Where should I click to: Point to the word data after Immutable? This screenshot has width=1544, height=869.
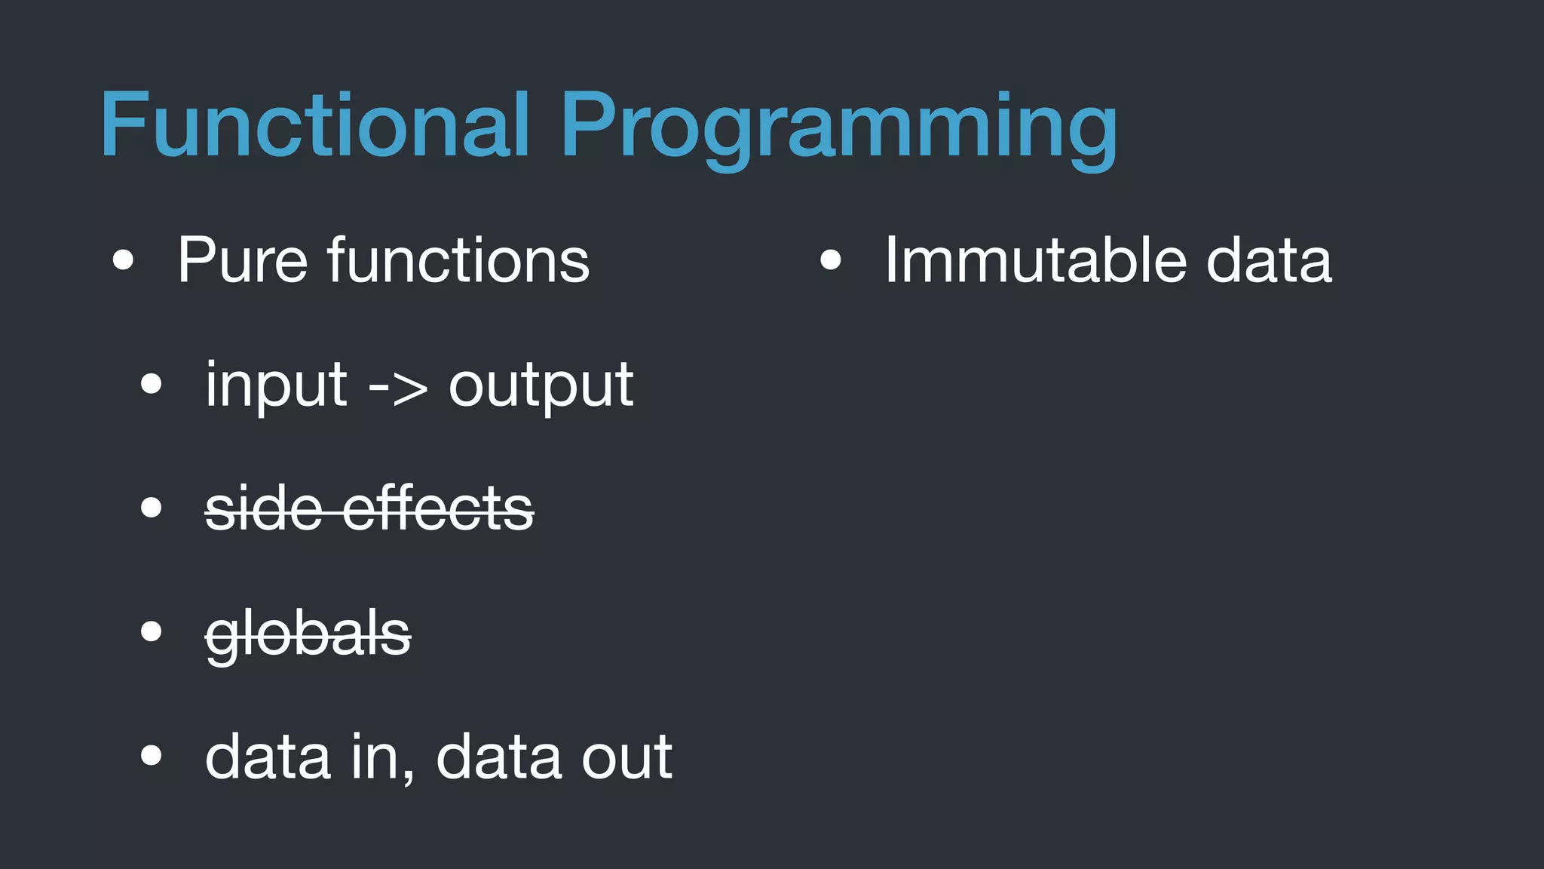1269,260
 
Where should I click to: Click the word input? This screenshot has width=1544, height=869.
276,385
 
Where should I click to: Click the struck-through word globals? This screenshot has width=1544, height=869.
308,634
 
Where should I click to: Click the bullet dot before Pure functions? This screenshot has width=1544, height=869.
123,261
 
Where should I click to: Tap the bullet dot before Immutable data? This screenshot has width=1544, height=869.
830,261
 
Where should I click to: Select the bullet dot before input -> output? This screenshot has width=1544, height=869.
152,384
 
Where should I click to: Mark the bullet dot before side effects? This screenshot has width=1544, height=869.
152,508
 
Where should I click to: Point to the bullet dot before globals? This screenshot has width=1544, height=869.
152,631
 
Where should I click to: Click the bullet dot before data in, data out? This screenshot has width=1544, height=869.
152,755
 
